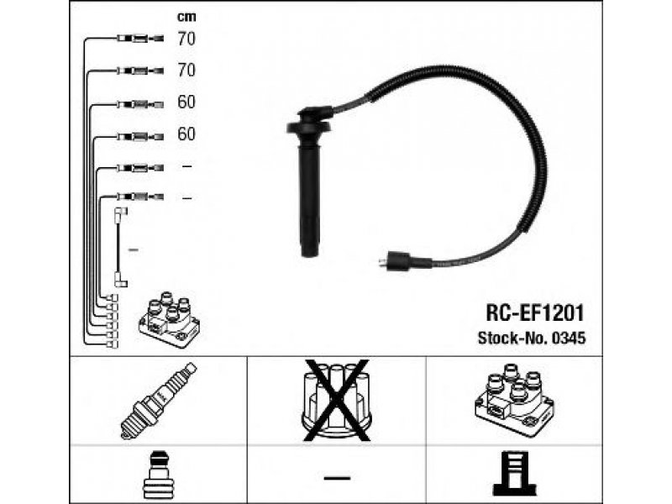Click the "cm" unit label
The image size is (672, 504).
186,17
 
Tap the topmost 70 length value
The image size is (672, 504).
186,38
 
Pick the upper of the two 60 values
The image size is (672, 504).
186,102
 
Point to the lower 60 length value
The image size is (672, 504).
186,134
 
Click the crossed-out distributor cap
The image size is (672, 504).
336,400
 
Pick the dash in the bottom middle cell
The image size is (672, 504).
336,477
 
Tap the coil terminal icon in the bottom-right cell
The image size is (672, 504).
513,475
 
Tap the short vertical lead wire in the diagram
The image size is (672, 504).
120,248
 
